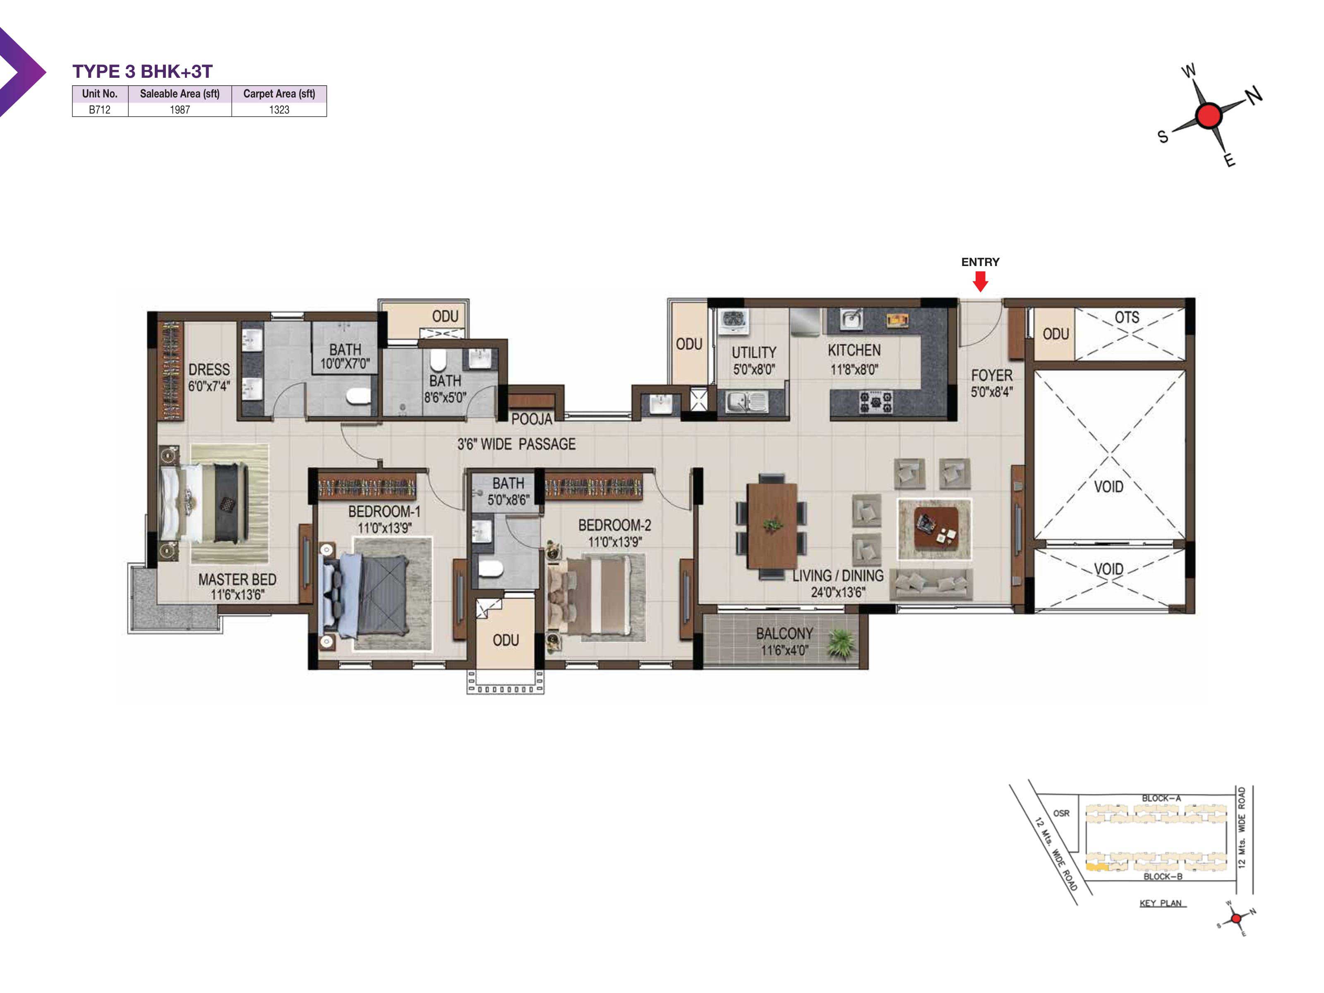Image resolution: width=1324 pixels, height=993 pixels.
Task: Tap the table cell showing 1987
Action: (x=180, y=110)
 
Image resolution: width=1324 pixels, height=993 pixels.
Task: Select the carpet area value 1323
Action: (x=279, y=110)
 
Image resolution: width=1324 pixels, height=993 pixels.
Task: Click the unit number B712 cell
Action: (x=100, y=110)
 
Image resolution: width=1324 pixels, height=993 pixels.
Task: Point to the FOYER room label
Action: (x=992, y=375)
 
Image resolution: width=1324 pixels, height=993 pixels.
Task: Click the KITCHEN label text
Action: (x=854, y=350)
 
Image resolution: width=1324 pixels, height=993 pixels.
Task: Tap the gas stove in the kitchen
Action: (x=875, y=402)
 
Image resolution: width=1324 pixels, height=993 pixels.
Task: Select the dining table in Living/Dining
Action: (x=772, y=525)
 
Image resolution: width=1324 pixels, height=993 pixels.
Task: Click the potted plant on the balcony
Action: (x=842, y=645)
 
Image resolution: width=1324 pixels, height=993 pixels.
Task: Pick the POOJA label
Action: (x=532, y=419)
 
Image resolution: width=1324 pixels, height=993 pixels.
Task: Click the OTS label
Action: (x=1127, y=317)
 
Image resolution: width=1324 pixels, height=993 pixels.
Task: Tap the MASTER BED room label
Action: (x=237, y=579)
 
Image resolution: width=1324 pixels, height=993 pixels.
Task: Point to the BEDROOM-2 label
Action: (x=615, y=525)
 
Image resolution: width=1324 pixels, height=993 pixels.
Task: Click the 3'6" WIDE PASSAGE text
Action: (x=516, y=444)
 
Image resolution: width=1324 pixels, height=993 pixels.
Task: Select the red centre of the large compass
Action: (x=1209, y=115)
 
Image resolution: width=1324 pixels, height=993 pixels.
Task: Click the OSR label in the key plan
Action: (x=1061, y=813)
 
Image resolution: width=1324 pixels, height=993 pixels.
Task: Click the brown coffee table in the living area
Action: (x=935, y=527)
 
